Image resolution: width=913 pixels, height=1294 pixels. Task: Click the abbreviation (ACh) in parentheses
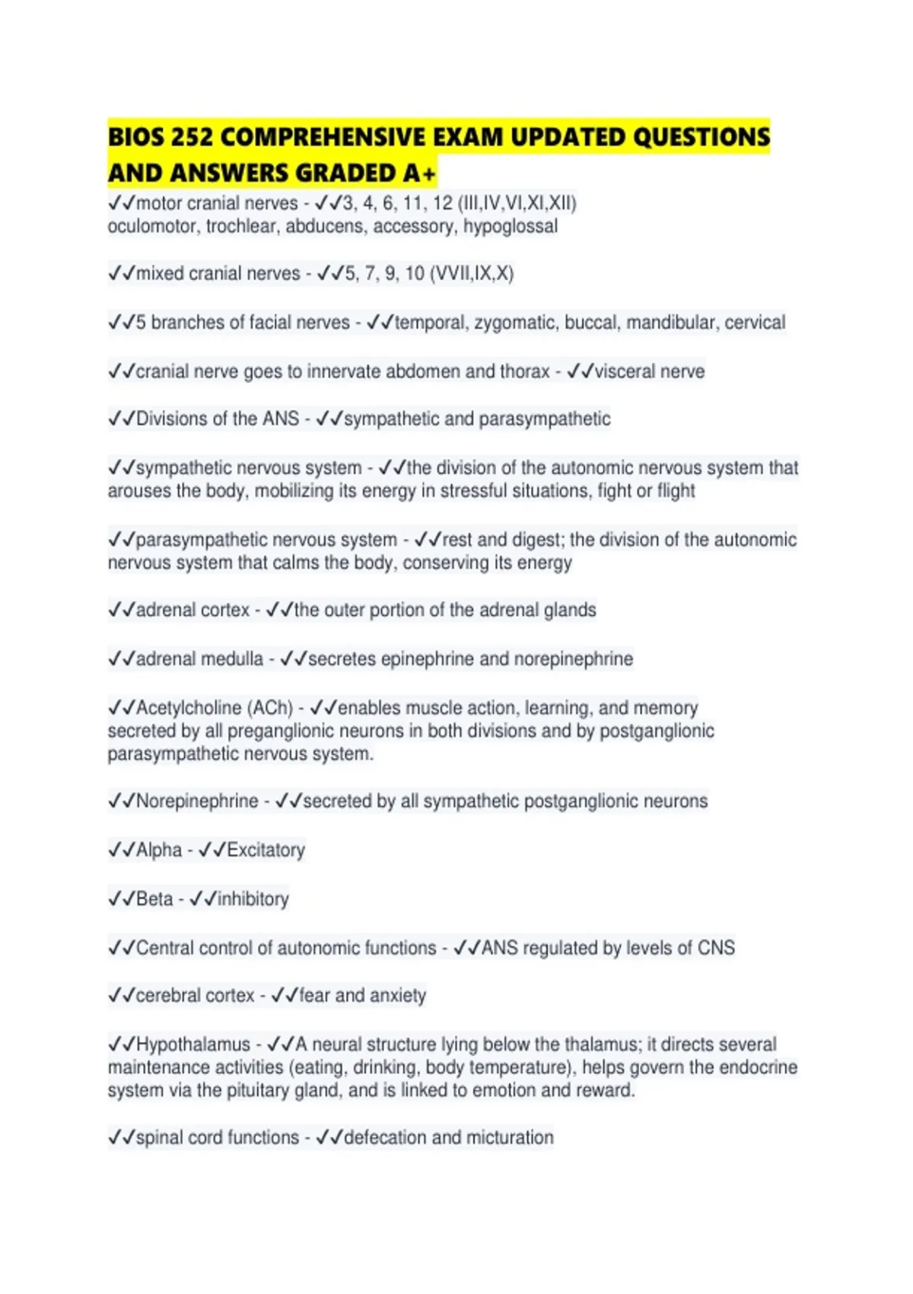coord(269,708)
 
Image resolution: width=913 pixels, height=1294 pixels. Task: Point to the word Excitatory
coord(266,850)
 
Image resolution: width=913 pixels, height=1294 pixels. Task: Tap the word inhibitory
coord(253,899)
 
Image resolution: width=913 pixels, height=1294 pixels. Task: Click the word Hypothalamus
coord(193,1044)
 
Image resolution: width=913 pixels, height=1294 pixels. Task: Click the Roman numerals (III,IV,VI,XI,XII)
coord(517,204)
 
